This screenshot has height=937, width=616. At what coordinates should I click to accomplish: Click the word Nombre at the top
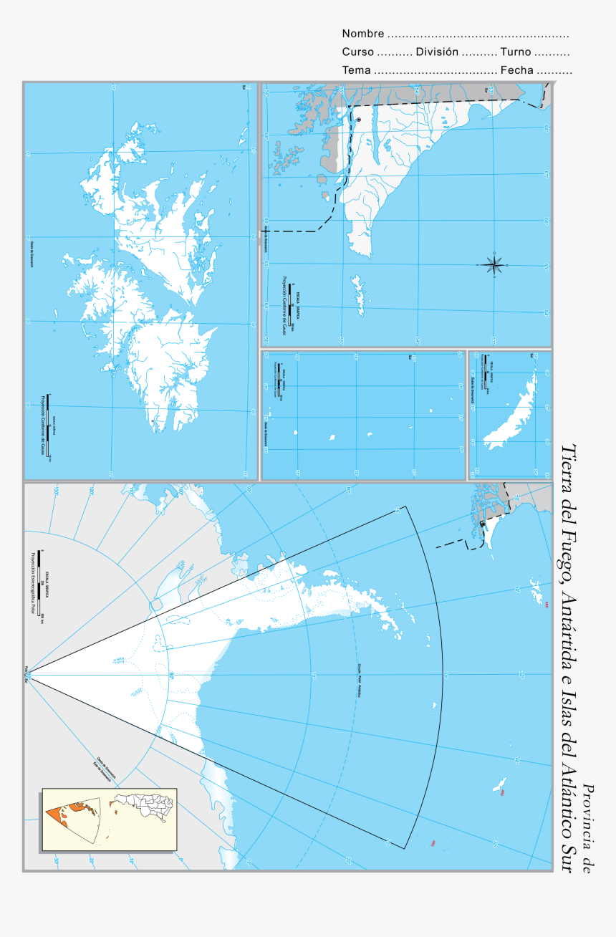pos(362,34)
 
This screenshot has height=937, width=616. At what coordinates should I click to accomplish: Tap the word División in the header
pos(436,52)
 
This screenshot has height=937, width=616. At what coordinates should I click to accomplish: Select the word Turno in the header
pos(516,52)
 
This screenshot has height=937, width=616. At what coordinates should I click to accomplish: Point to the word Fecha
pos(516,70)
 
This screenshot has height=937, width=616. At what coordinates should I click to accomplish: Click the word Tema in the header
pos(356,70)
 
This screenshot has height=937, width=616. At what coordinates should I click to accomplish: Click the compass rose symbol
pos(494,265)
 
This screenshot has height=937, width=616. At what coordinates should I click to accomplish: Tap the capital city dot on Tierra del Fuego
pos(359,120)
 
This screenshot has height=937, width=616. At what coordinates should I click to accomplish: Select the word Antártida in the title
pos(570,623)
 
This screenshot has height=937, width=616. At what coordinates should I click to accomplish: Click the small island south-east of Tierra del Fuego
pos(358,294)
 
